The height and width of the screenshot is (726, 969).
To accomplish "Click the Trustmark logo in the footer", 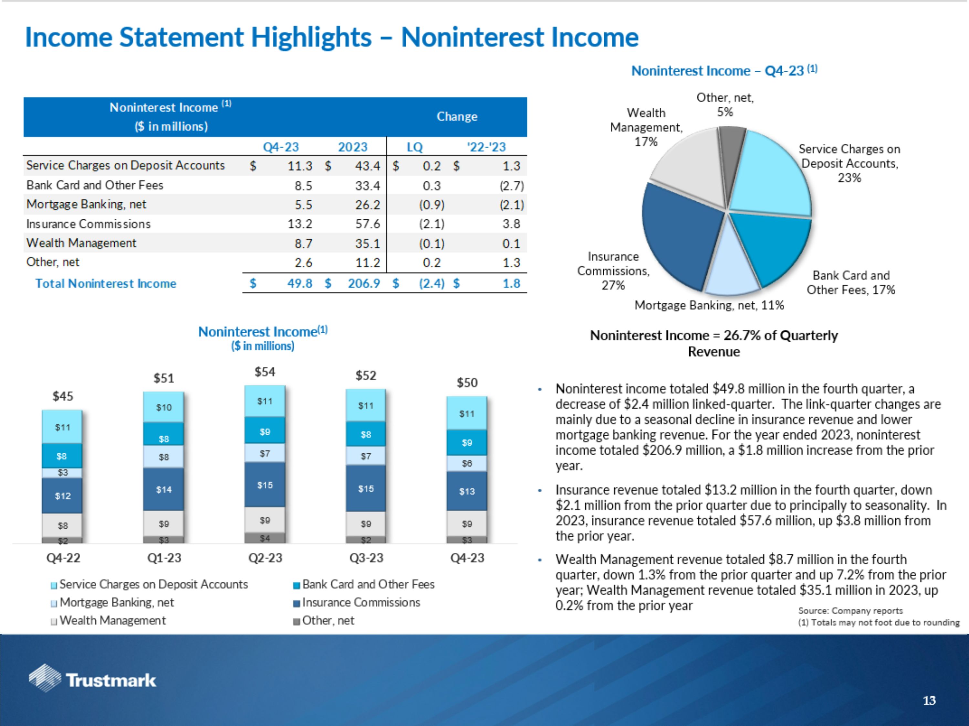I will pyautogui.click(x=92, y=679).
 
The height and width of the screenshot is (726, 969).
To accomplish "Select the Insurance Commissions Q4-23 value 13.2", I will pyautogui.click(x=300, y=224).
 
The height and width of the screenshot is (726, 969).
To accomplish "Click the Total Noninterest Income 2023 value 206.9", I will pyautogui.click(x=364, y=284).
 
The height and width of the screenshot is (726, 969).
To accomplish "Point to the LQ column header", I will pyautogui.click(x=414, y=147).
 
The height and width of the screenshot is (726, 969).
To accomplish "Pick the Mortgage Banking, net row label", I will pyautogui.click(x=86, y=204).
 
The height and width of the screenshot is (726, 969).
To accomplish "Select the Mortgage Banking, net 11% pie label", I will pyautogui.click(x=709, y=305).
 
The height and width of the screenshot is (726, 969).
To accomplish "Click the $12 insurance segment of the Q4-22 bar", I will pyautogui.click(x=62, y=496).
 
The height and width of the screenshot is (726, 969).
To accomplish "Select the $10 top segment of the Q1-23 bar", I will pyautogui.click(x=163, y=408).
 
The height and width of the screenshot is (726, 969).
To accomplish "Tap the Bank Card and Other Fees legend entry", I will pyautogui.click(x=368, y=584).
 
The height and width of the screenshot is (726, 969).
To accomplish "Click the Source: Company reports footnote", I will pyautogui.click(x=850, y=610).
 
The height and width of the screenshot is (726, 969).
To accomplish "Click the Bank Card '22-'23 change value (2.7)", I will pyautogui.click(x=511, y=186).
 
